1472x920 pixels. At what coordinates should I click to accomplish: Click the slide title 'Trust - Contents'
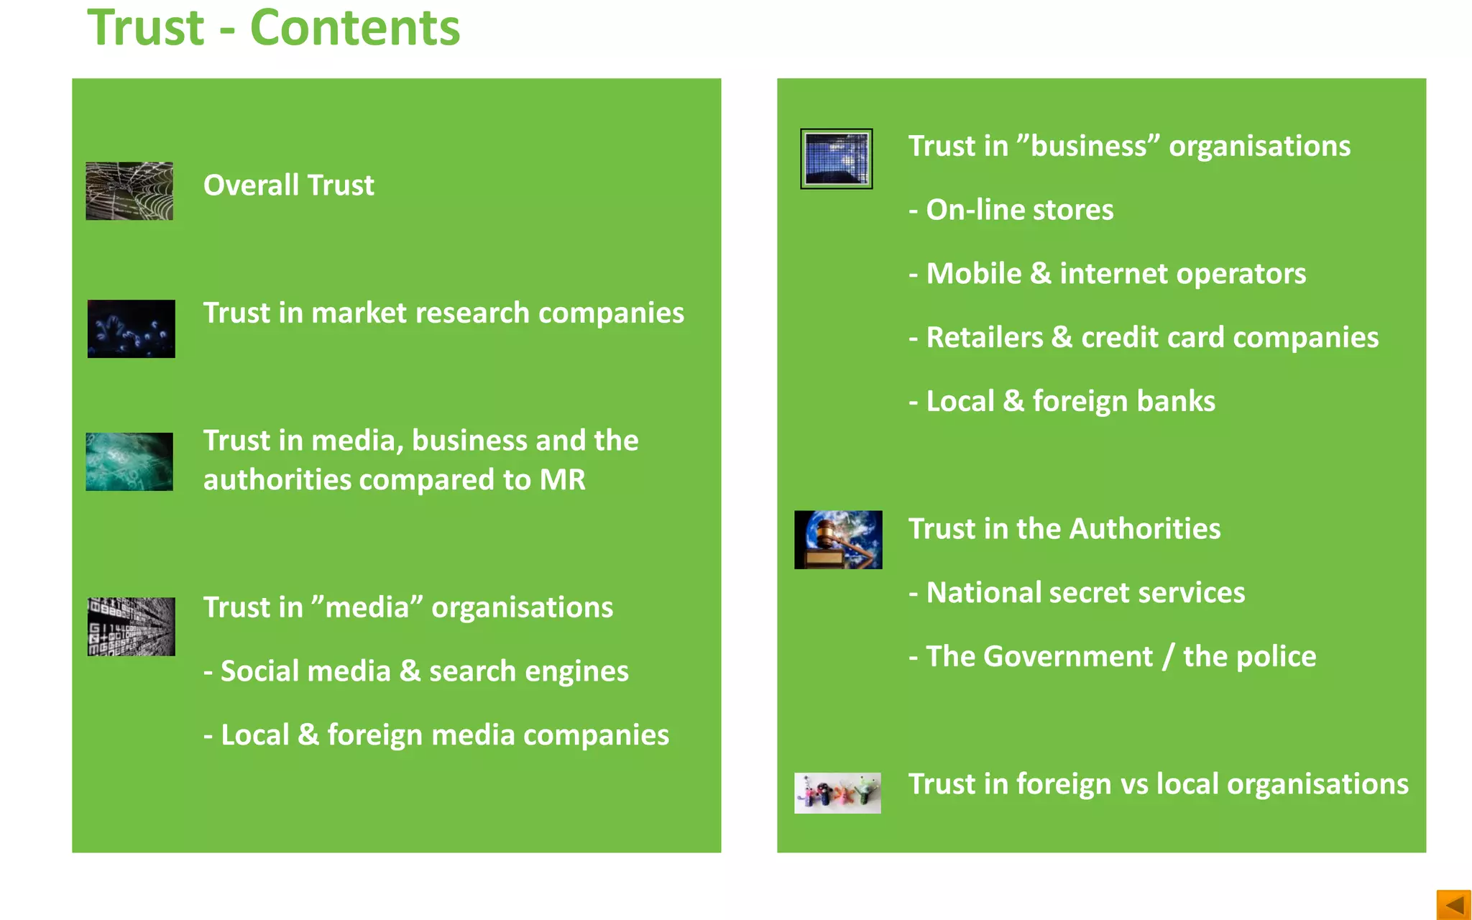273,29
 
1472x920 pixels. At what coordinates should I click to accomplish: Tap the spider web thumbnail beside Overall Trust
129,190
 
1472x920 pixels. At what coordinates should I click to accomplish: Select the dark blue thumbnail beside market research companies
131,328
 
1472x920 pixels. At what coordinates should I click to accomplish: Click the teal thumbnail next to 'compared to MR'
129,461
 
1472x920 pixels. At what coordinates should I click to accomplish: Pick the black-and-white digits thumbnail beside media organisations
131,626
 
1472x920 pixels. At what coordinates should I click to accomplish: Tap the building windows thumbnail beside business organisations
837,159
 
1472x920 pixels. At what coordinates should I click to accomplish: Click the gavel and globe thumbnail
838,540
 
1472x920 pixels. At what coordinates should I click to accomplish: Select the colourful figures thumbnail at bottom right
837,793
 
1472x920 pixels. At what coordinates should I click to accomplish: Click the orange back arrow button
1453,904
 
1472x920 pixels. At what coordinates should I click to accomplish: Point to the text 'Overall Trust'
288,185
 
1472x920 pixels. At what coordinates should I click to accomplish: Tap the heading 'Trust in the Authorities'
1064,529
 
